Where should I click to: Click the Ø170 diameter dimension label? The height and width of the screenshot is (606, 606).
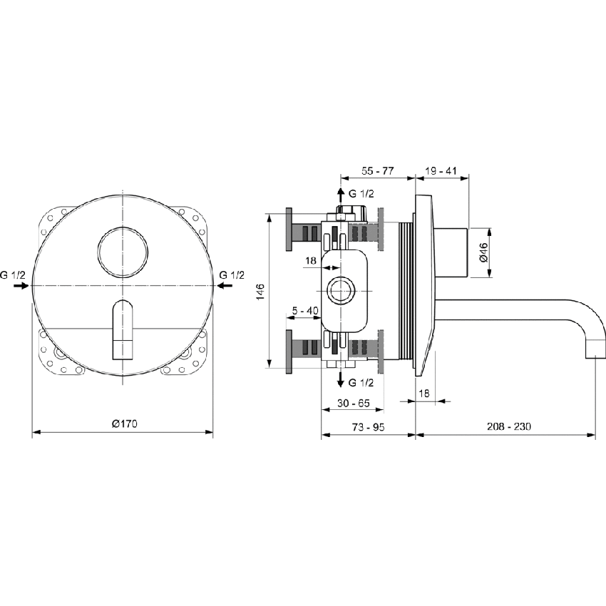[124, 424]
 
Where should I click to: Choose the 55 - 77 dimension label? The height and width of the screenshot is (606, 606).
[378, 172]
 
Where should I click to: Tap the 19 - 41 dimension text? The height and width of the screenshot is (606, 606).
[441, 172]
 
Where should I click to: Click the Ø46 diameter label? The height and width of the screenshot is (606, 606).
[483, 253]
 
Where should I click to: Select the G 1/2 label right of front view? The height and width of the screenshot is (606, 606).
[232, 274]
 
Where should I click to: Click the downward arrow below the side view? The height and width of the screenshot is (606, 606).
[339, 378]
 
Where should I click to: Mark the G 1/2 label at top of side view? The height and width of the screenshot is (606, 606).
[361, 193]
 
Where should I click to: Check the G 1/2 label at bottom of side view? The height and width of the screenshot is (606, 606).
[361, 380]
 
